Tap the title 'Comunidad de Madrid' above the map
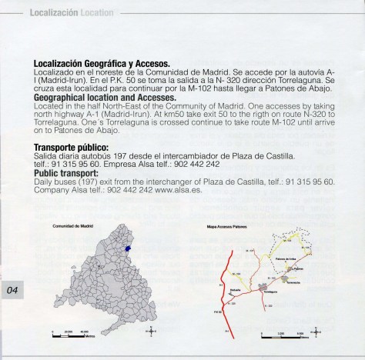73,227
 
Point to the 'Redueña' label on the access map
234,290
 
